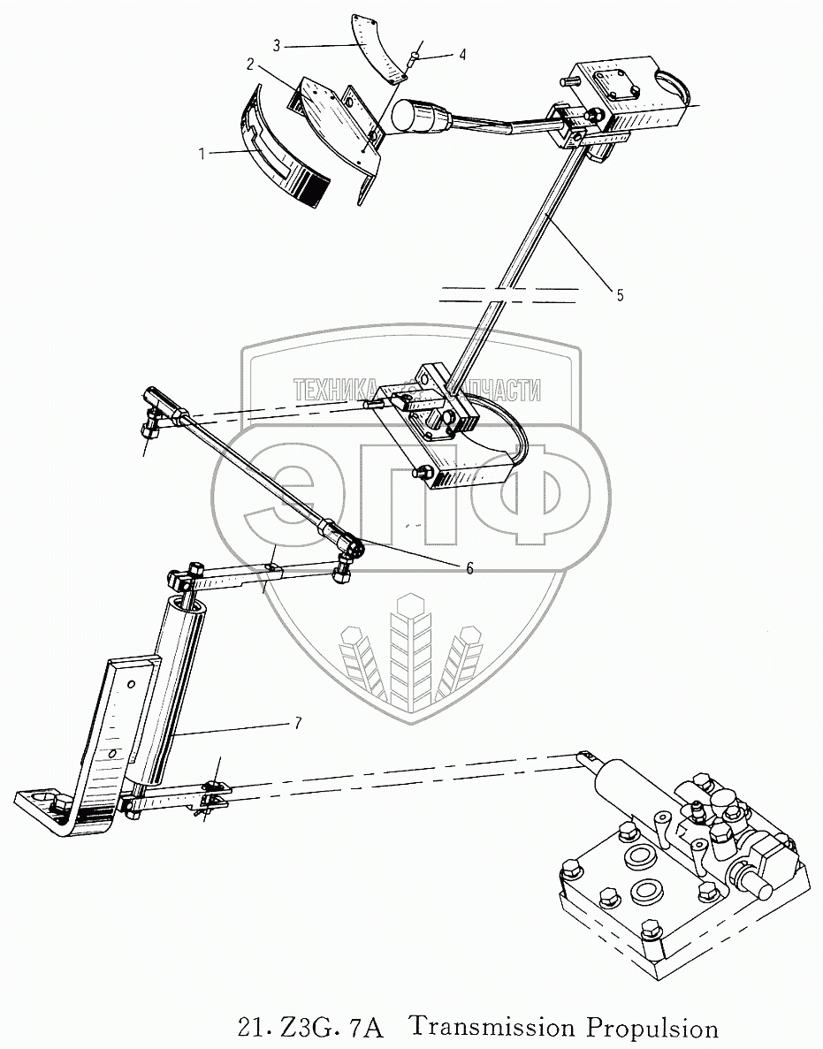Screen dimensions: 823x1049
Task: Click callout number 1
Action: pos(202,153)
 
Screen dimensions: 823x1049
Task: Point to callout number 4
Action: pos(461,55)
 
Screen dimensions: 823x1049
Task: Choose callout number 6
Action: pos(469,568)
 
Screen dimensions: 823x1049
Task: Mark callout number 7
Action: pos(297,723)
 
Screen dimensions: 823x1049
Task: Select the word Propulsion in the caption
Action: pos(646,1028)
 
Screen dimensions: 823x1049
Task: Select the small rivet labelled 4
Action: pos(413,62)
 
